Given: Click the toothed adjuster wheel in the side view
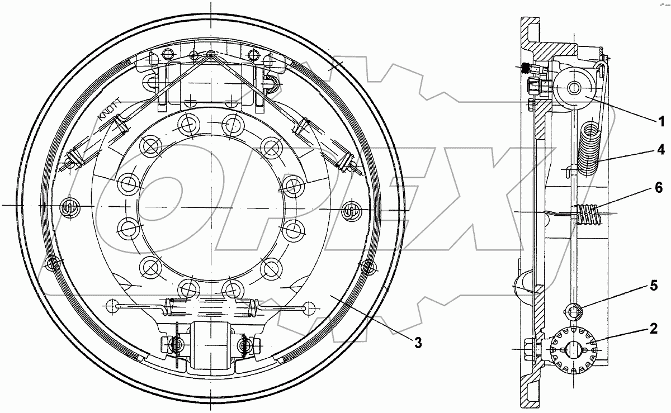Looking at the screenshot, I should (x=574, y=350).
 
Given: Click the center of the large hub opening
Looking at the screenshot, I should (x=211, y=207).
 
